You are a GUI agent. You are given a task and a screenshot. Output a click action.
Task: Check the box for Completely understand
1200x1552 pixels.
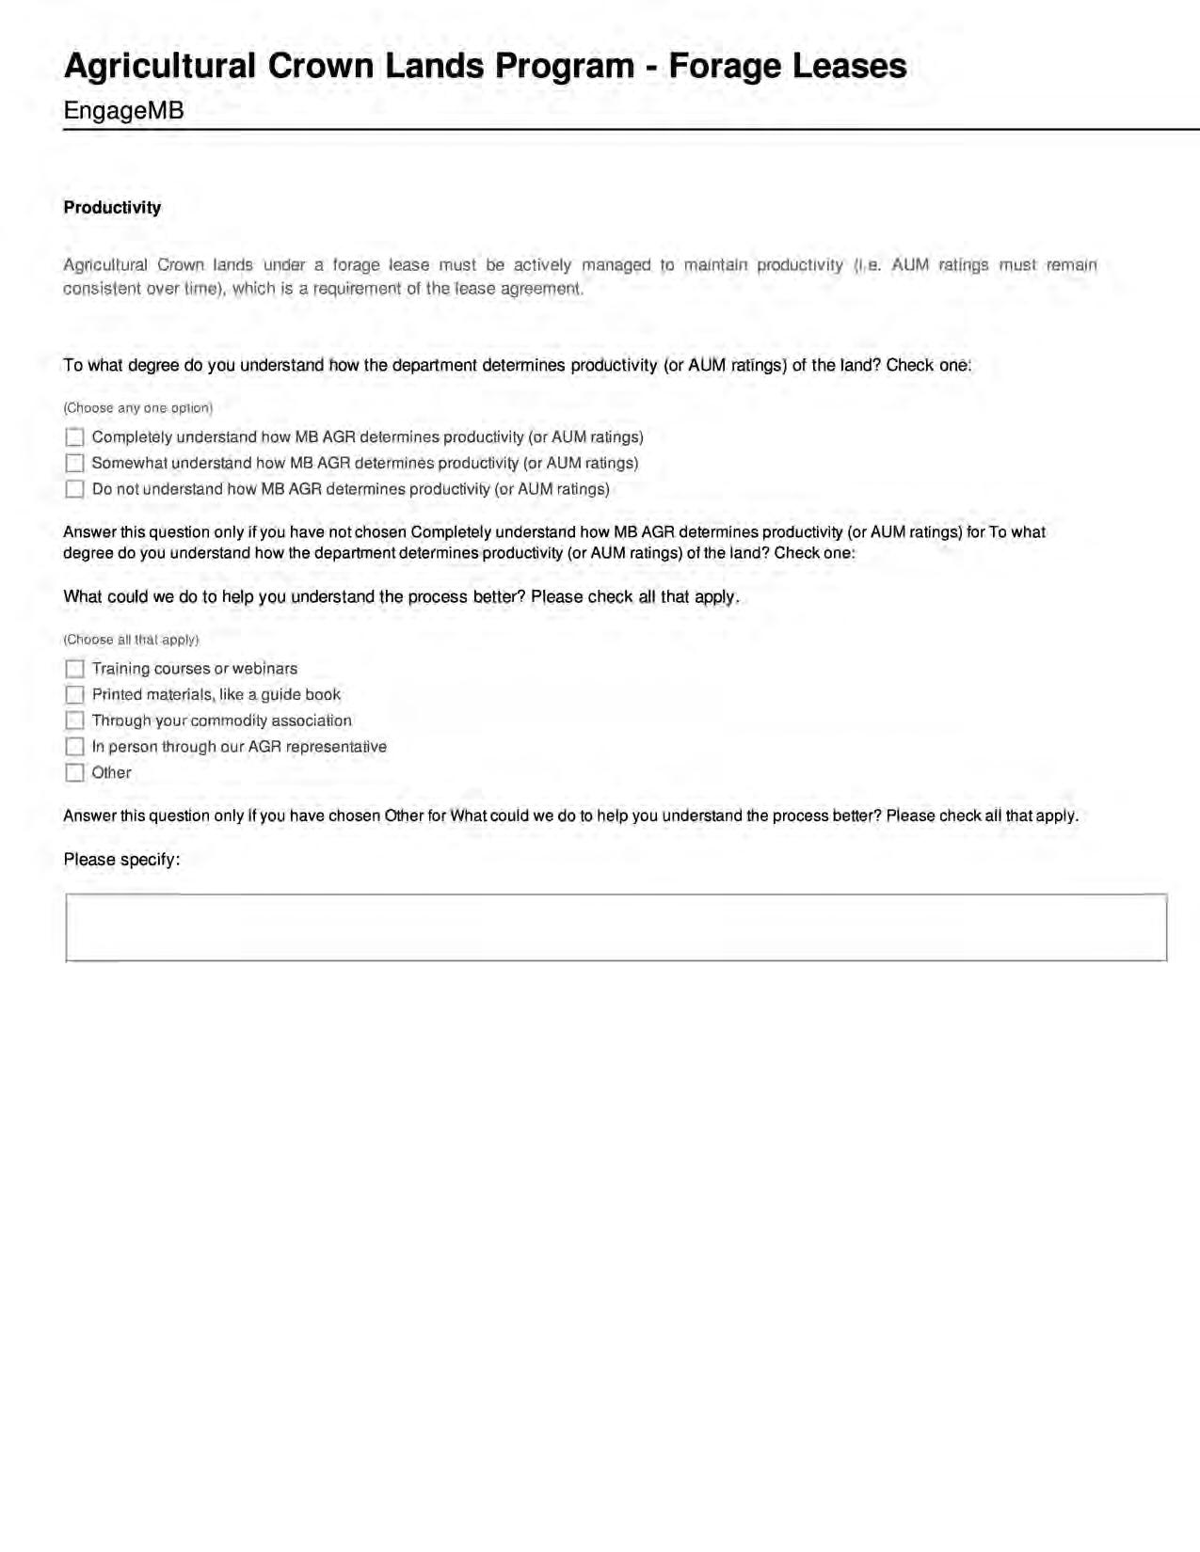74,437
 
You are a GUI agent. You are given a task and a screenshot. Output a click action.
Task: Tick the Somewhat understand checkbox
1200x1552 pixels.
74,464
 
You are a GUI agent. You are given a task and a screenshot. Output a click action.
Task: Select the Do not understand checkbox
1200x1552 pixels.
74,489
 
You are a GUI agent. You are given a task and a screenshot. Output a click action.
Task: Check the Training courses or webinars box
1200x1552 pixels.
74,669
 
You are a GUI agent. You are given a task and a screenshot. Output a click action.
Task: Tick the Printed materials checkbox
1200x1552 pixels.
74,695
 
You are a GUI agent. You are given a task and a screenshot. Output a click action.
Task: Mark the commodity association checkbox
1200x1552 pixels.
74,721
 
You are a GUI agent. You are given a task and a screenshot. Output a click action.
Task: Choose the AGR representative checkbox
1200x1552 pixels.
74,747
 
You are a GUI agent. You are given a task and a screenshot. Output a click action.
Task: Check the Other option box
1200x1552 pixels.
74,773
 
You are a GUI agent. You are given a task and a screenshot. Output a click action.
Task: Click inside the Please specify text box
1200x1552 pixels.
616,927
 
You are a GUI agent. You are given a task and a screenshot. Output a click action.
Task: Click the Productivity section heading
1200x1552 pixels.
112,208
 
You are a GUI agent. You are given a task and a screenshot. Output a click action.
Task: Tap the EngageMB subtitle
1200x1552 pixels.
123,111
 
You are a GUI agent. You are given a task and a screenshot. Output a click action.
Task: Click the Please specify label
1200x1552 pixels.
121,860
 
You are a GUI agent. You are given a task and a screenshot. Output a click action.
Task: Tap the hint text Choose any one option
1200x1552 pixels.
137,408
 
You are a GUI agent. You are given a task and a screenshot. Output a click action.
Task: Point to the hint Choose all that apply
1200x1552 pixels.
131,640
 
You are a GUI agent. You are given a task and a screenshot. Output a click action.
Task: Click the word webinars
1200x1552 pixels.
264,669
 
